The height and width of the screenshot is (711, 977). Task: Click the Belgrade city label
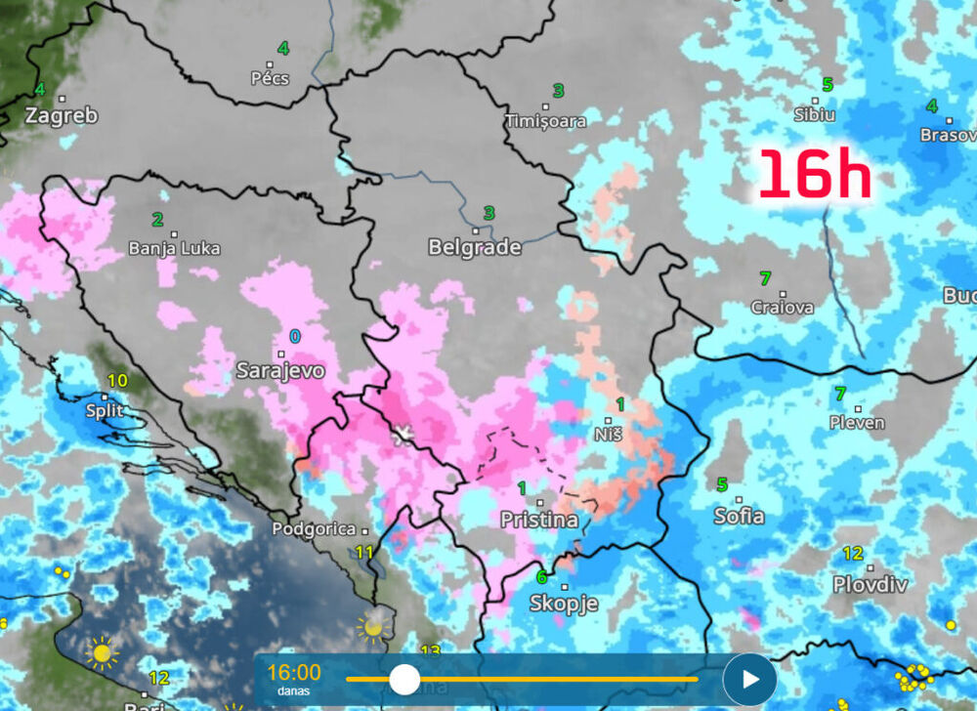pos(474,248)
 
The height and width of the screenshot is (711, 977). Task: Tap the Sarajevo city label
pos(280,371)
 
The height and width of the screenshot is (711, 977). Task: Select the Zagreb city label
pos(62,115)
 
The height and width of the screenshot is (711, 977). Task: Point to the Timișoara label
pos(545,121)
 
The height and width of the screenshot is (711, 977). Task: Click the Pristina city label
pos(539,520)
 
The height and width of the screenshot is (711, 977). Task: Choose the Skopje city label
pos(563,604)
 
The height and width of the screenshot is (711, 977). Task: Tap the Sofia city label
pos(739,517)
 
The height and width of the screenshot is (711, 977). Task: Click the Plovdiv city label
pos(870,584)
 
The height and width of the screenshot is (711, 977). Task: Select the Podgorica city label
pos(314,529)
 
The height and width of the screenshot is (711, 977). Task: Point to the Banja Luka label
pos(174,248)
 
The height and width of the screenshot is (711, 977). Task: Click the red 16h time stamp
pos(814,176)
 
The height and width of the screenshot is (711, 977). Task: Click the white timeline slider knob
pos(404,679)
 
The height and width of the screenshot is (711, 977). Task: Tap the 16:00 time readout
pos(293,672)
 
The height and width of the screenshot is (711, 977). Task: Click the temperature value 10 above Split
pos(117,381)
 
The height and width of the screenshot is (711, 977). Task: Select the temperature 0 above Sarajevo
pos(295,336)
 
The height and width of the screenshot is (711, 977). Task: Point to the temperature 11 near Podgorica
pos(364,553)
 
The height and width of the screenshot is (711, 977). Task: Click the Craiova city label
pos(782,308)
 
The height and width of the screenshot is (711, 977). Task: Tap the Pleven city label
pos(857,423)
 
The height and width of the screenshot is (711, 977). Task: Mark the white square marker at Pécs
pos(270,64)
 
